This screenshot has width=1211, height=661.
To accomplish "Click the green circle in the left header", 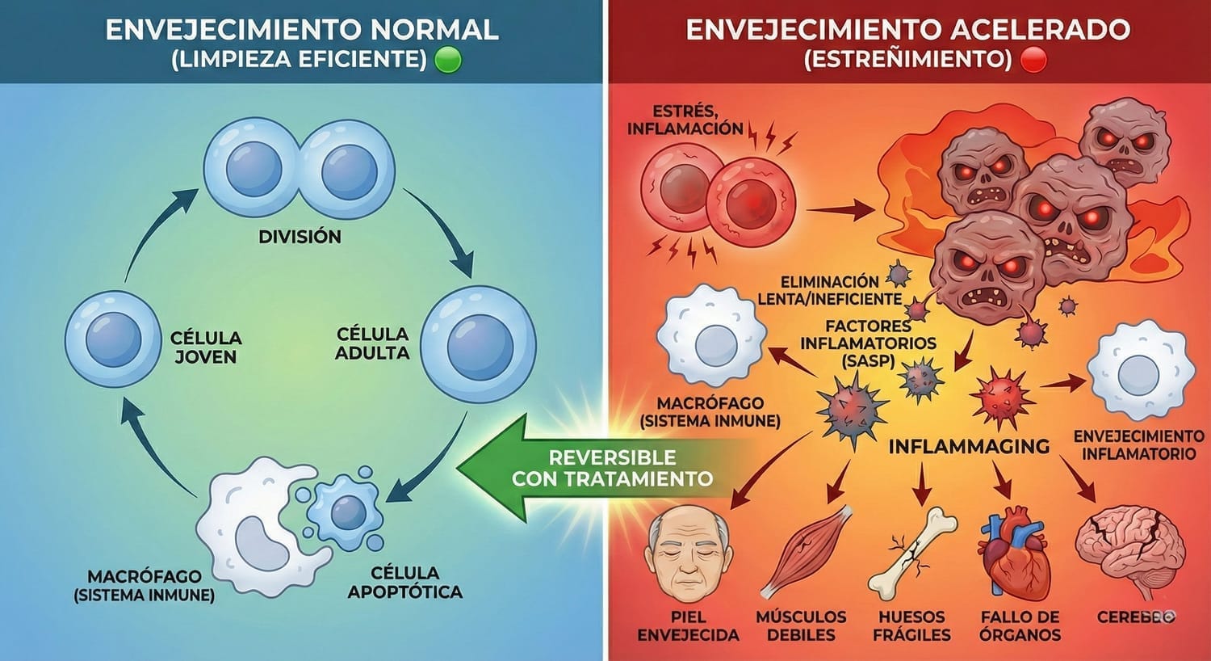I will (x=448, y=60).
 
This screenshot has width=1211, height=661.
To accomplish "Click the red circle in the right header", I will (x=1033, y=60).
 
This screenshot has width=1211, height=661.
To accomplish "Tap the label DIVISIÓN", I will (x=300, y=237).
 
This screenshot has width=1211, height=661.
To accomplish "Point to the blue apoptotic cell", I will (x=346, y=511).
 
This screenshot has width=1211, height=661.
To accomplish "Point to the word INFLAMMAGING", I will (x=969, y=445).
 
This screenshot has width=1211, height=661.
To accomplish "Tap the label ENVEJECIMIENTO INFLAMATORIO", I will (x=1138, y=444).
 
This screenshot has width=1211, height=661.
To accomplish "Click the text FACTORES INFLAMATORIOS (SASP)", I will (x=868, y=343).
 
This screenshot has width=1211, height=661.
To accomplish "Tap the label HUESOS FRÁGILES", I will (x=911, y=625).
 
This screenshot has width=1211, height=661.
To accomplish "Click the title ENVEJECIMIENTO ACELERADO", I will (x=907, y=30).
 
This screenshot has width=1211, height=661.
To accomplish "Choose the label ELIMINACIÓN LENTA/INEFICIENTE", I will (x=829, y=290).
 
